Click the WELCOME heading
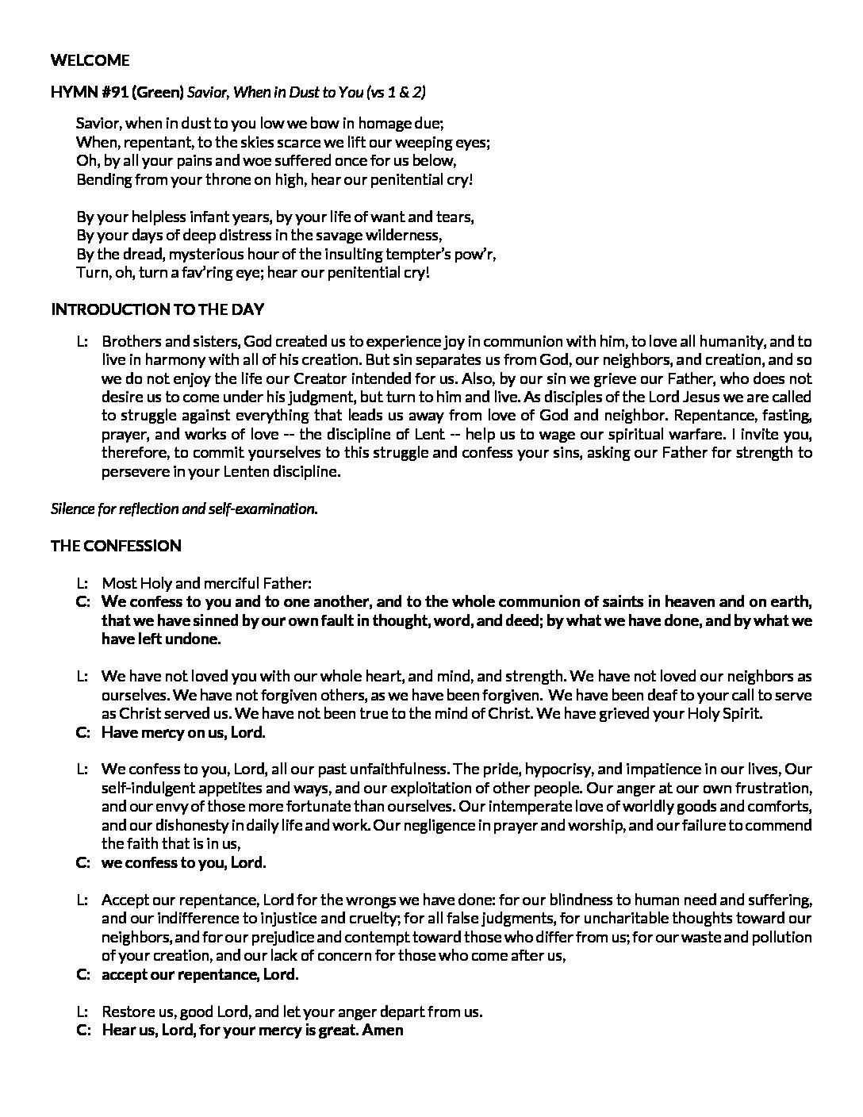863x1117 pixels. pyautogui.click(x=90, y=60)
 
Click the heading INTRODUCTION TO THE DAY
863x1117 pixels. pyautogui.click(x=157, y=309)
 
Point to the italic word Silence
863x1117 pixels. pyautogui.click(x=72, y=509)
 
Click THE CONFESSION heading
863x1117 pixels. pyautogui.click(x=116, y=546)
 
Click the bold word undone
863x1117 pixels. pyautogui.click(x=194, y=639)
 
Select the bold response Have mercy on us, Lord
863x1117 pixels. pyautogui.click(x=183, y=732)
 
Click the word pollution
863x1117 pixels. pyautogui.click(x=781, y=937)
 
